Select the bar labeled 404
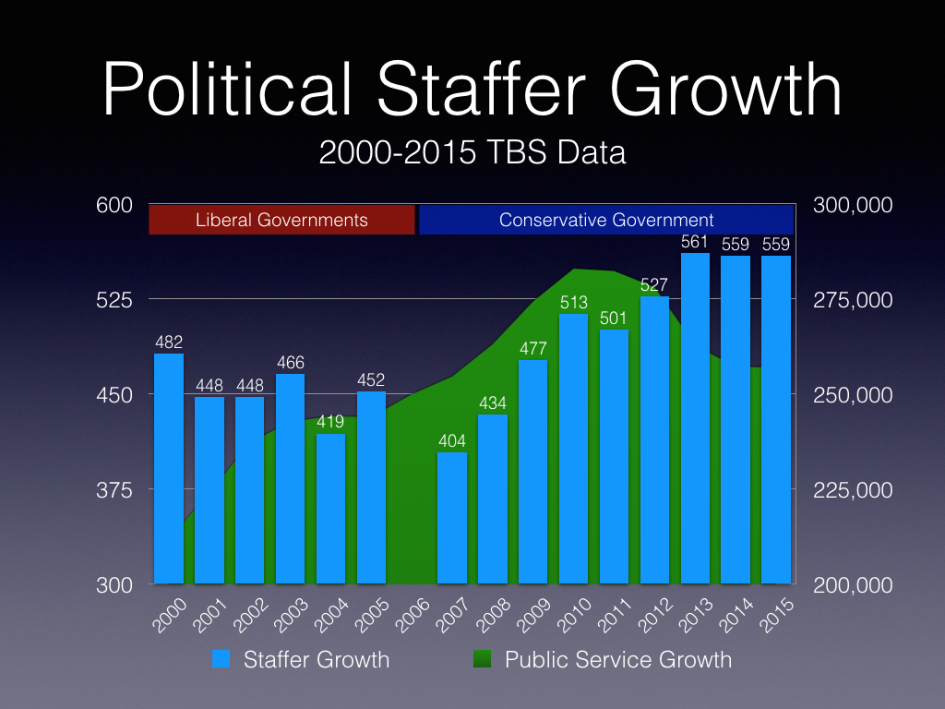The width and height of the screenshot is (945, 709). tap(452, 518)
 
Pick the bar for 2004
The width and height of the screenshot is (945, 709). tap(330, 509)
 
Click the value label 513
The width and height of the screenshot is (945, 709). tap(573, 303)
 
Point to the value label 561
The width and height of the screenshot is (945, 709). tap(695, 242)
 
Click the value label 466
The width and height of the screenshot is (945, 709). tap(290, 363)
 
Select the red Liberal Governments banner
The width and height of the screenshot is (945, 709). tap(281, 220)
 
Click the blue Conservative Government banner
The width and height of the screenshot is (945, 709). tap(606, 220)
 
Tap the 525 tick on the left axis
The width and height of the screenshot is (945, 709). tap(115, 299)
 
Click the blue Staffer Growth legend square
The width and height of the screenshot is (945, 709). tap(221, 659)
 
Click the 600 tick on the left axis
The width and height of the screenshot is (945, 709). tap(115, 204)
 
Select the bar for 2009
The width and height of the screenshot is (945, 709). tap(532, 472)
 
